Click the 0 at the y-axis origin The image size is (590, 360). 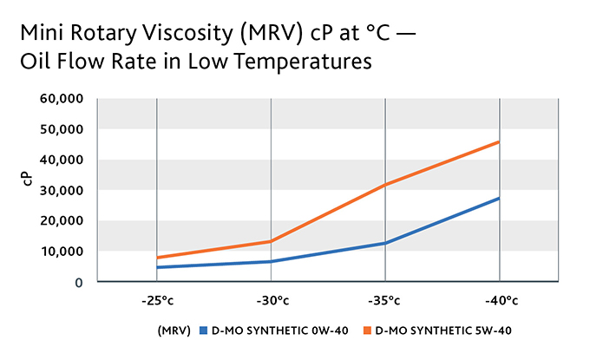[79, 282]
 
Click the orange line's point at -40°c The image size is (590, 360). [499, 141]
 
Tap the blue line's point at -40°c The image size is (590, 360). [499, 198]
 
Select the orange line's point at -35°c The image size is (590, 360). [385, 184]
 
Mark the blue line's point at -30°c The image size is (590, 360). [271, 261]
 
